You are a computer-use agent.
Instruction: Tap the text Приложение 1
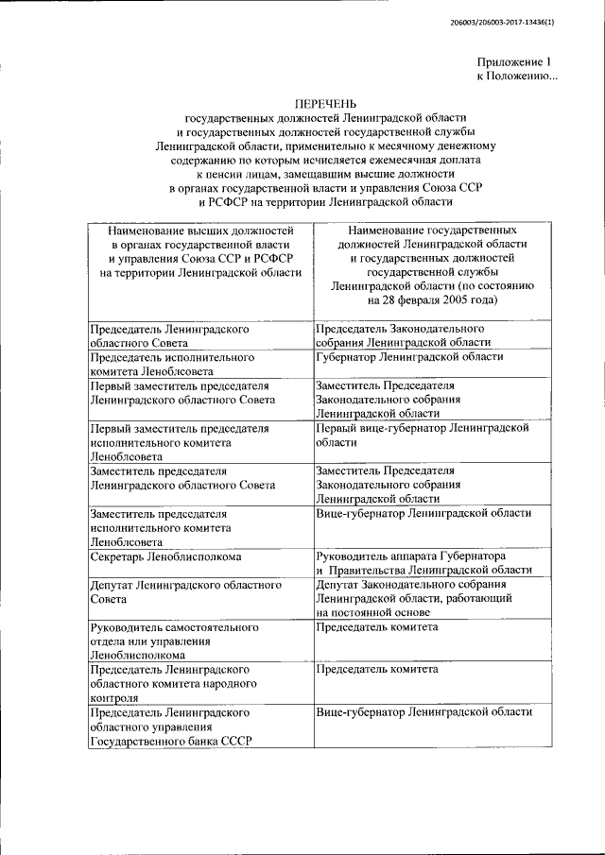[x=519, y=60]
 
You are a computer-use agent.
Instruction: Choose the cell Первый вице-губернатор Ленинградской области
[x=421, y=435]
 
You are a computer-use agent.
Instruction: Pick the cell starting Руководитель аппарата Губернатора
[x=424, y=563]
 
